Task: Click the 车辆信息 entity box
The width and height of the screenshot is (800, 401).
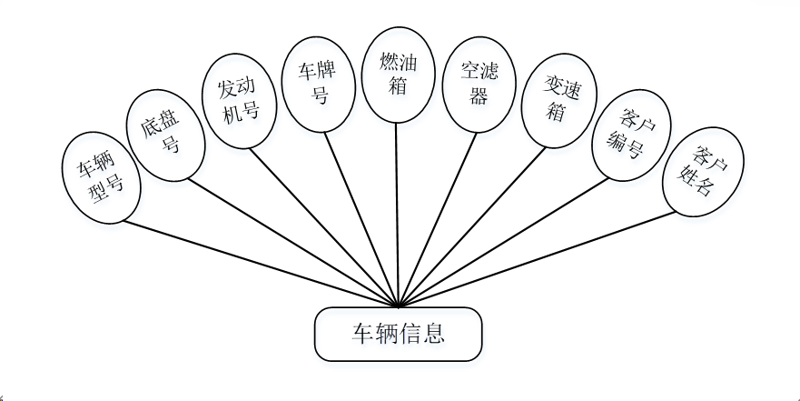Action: click(x=398, y=334)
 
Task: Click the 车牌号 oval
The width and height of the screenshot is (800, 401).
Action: click(x=319, y=83)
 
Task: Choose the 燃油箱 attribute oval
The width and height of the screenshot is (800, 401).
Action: click(x=397, y=74)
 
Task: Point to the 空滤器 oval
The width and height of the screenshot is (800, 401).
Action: click(x=478, y=84)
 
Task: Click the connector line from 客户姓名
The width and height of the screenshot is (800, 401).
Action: click(x=536, y=261)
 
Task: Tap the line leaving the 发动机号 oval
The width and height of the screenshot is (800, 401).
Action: click(x=324, y=226)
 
